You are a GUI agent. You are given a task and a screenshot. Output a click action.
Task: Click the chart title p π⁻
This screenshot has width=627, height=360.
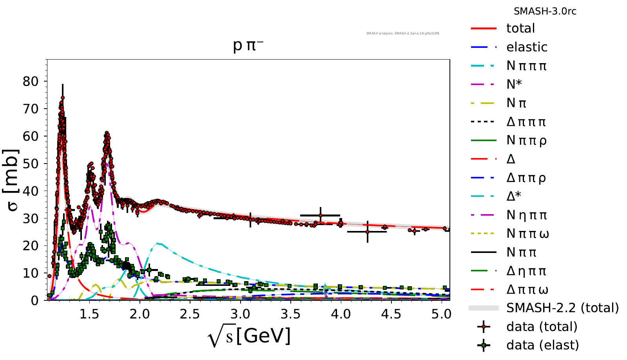point(248,45)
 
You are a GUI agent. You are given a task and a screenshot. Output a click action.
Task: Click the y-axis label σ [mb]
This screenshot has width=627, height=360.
point(12,180)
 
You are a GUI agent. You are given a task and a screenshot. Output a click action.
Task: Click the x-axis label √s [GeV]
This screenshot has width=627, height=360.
point(249,336)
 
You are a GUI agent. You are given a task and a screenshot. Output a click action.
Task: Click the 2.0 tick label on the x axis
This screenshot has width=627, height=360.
point(140,315)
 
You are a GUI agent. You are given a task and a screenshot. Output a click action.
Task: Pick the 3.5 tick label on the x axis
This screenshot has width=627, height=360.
point(290,315)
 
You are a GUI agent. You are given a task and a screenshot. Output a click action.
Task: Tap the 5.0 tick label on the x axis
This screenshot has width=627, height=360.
point(441,315)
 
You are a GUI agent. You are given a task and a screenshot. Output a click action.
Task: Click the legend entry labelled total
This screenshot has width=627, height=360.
point(520,28)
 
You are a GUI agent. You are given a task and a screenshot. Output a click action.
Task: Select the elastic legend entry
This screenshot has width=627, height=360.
point(527,47)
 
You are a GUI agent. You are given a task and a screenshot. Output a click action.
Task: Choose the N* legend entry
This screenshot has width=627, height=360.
point(514,84)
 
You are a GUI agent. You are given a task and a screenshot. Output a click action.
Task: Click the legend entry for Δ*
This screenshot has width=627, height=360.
point(514,196)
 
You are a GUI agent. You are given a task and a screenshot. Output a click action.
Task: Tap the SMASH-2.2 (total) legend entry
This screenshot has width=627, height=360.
point(562,308)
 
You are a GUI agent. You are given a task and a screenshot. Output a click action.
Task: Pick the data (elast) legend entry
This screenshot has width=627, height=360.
point(542,345)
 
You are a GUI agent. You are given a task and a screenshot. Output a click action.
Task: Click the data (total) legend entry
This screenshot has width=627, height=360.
point(542,327)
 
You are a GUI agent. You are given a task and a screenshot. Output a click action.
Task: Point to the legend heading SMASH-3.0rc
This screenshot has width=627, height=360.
point(545,11)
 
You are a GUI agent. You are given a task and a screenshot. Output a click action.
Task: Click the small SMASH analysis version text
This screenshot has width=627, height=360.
point(402,34)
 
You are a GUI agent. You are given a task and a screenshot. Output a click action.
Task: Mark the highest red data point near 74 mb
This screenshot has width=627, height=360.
point(63,98)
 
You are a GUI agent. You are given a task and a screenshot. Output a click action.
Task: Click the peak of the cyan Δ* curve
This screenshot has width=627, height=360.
point(158,244)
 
